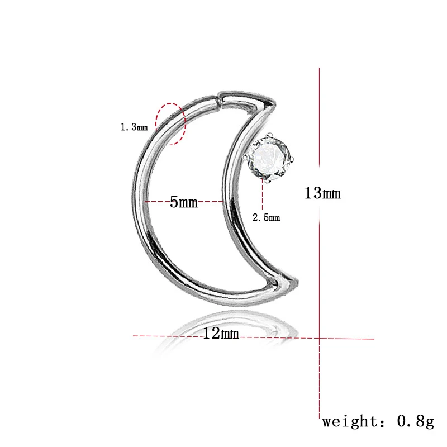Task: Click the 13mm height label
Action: (322, 194)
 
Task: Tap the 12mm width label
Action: (221, 334)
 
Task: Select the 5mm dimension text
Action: (184, 202)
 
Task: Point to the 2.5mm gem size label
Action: (266, 218)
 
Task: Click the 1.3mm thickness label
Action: (134, 127)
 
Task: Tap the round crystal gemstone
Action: (271, 158)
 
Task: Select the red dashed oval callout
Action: (170, 123)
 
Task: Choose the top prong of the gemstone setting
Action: (269, 135)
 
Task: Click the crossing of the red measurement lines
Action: (319, 337)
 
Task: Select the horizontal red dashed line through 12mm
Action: (168, 336)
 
